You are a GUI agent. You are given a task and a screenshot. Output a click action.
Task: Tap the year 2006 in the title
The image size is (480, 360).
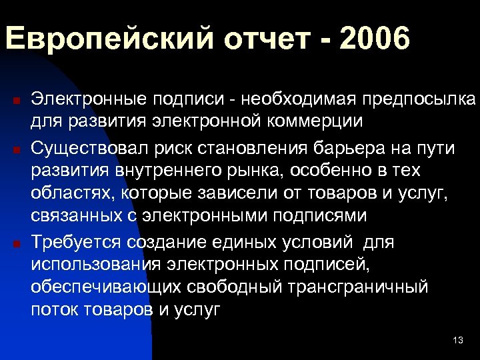(374, 39)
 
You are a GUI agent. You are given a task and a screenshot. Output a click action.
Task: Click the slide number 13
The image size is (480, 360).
(457, 341)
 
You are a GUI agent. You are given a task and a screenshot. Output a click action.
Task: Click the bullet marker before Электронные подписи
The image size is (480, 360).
(17, 101)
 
